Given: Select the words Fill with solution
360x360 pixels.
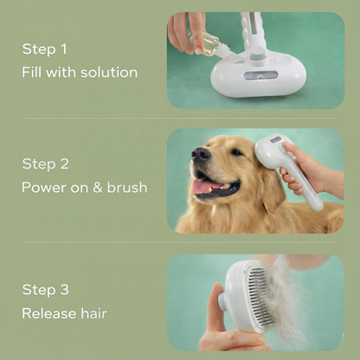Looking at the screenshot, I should point(80,72).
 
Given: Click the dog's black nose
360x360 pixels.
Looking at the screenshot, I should point(200,153).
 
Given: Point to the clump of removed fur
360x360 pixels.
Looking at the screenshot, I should point(303,299).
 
